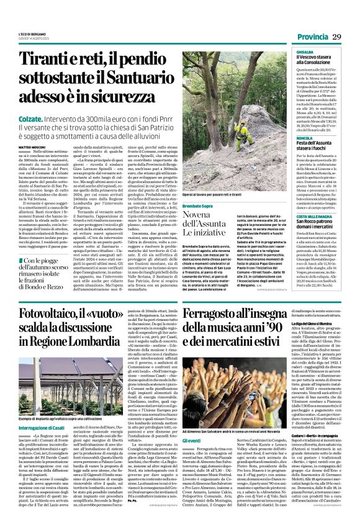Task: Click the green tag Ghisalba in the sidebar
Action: (x=287, y=53)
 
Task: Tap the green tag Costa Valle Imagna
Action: (x=300, y=214)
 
